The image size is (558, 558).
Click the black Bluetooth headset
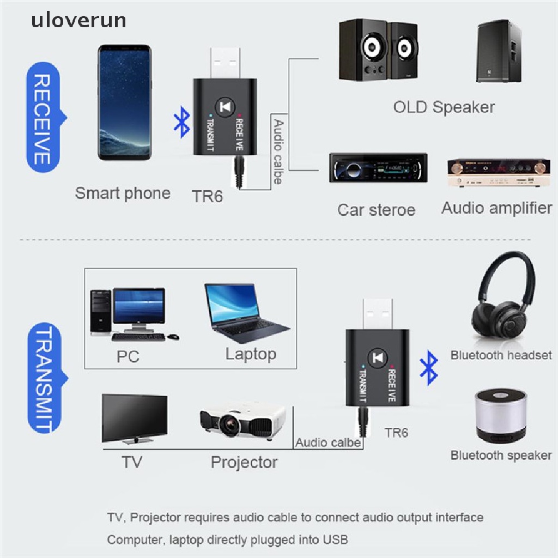point(502,297)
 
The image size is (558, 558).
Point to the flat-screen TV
point(135,419)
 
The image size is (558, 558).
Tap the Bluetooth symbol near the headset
point(430,368)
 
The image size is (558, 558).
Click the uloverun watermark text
point(78,20)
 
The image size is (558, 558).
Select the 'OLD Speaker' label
point(444,107)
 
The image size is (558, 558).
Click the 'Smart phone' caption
point(123,193)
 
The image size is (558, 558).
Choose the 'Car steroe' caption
point(376,210)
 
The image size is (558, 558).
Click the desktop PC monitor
point(138,307)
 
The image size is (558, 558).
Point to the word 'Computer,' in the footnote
point(131,539)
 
